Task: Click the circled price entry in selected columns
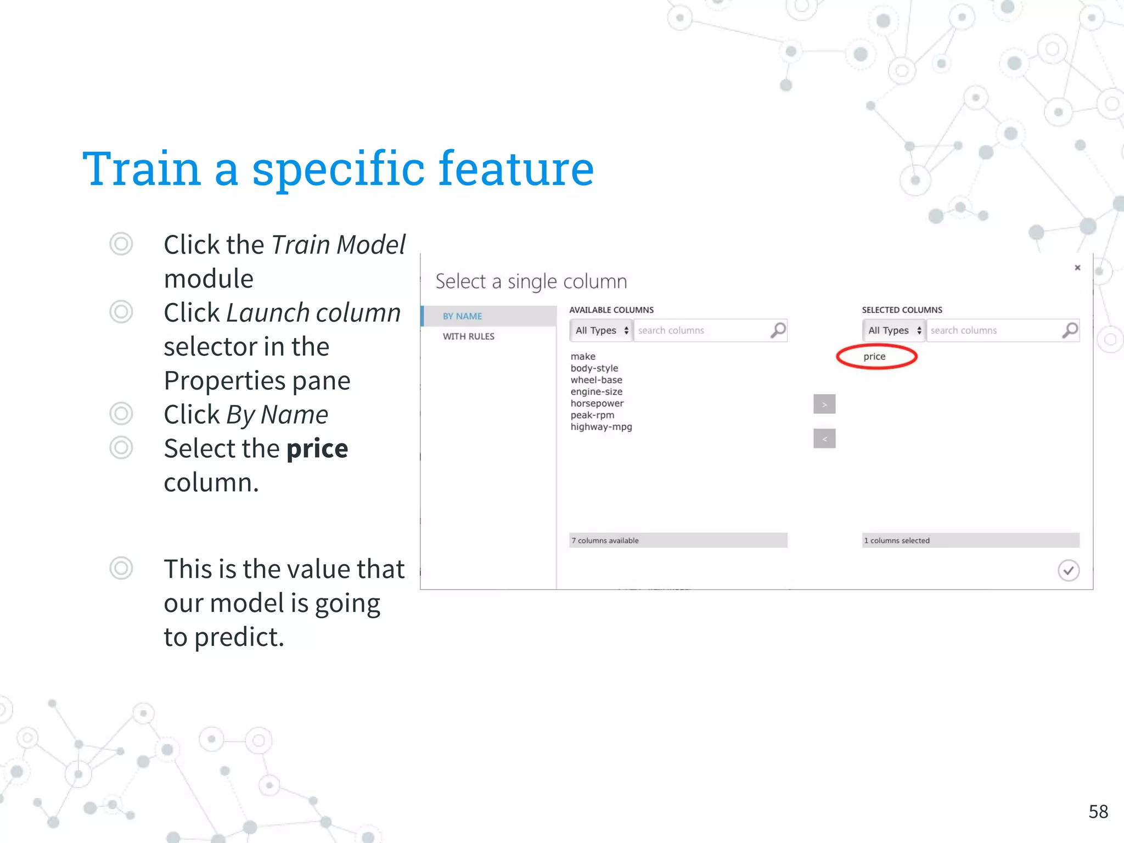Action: click(x=874, y=357)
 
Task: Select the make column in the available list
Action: click(x=583, y=357)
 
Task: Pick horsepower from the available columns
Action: click(x=597, y=403)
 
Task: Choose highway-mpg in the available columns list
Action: click(x=601, y=427)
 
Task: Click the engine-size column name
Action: click(x=597, y=392)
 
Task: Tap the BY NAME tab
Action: click(x=463, y=316)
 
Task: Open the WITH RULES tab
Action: click(x=469, y=336)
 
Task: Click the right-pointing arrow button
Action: click(x=824, y=404)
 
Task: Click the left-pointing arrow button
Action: click(x=824, y=439)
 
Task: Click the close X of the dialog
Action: click(x=1077, y=268)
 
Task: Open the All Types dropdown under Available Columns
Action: click(x=602, y=330)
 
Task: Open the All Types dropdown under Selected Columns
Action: click(x=894, y=330)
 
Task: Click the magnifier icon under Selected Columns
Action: click(x=1070, y=330)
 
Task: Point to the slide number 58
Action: click(x=1098, y=812)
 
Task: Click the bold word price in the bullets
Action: click(x=317, y=449)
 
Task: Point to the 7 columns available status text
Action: click(x=605, y=541)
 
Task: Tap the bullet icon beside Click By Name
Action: click(x=121, y=414)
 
